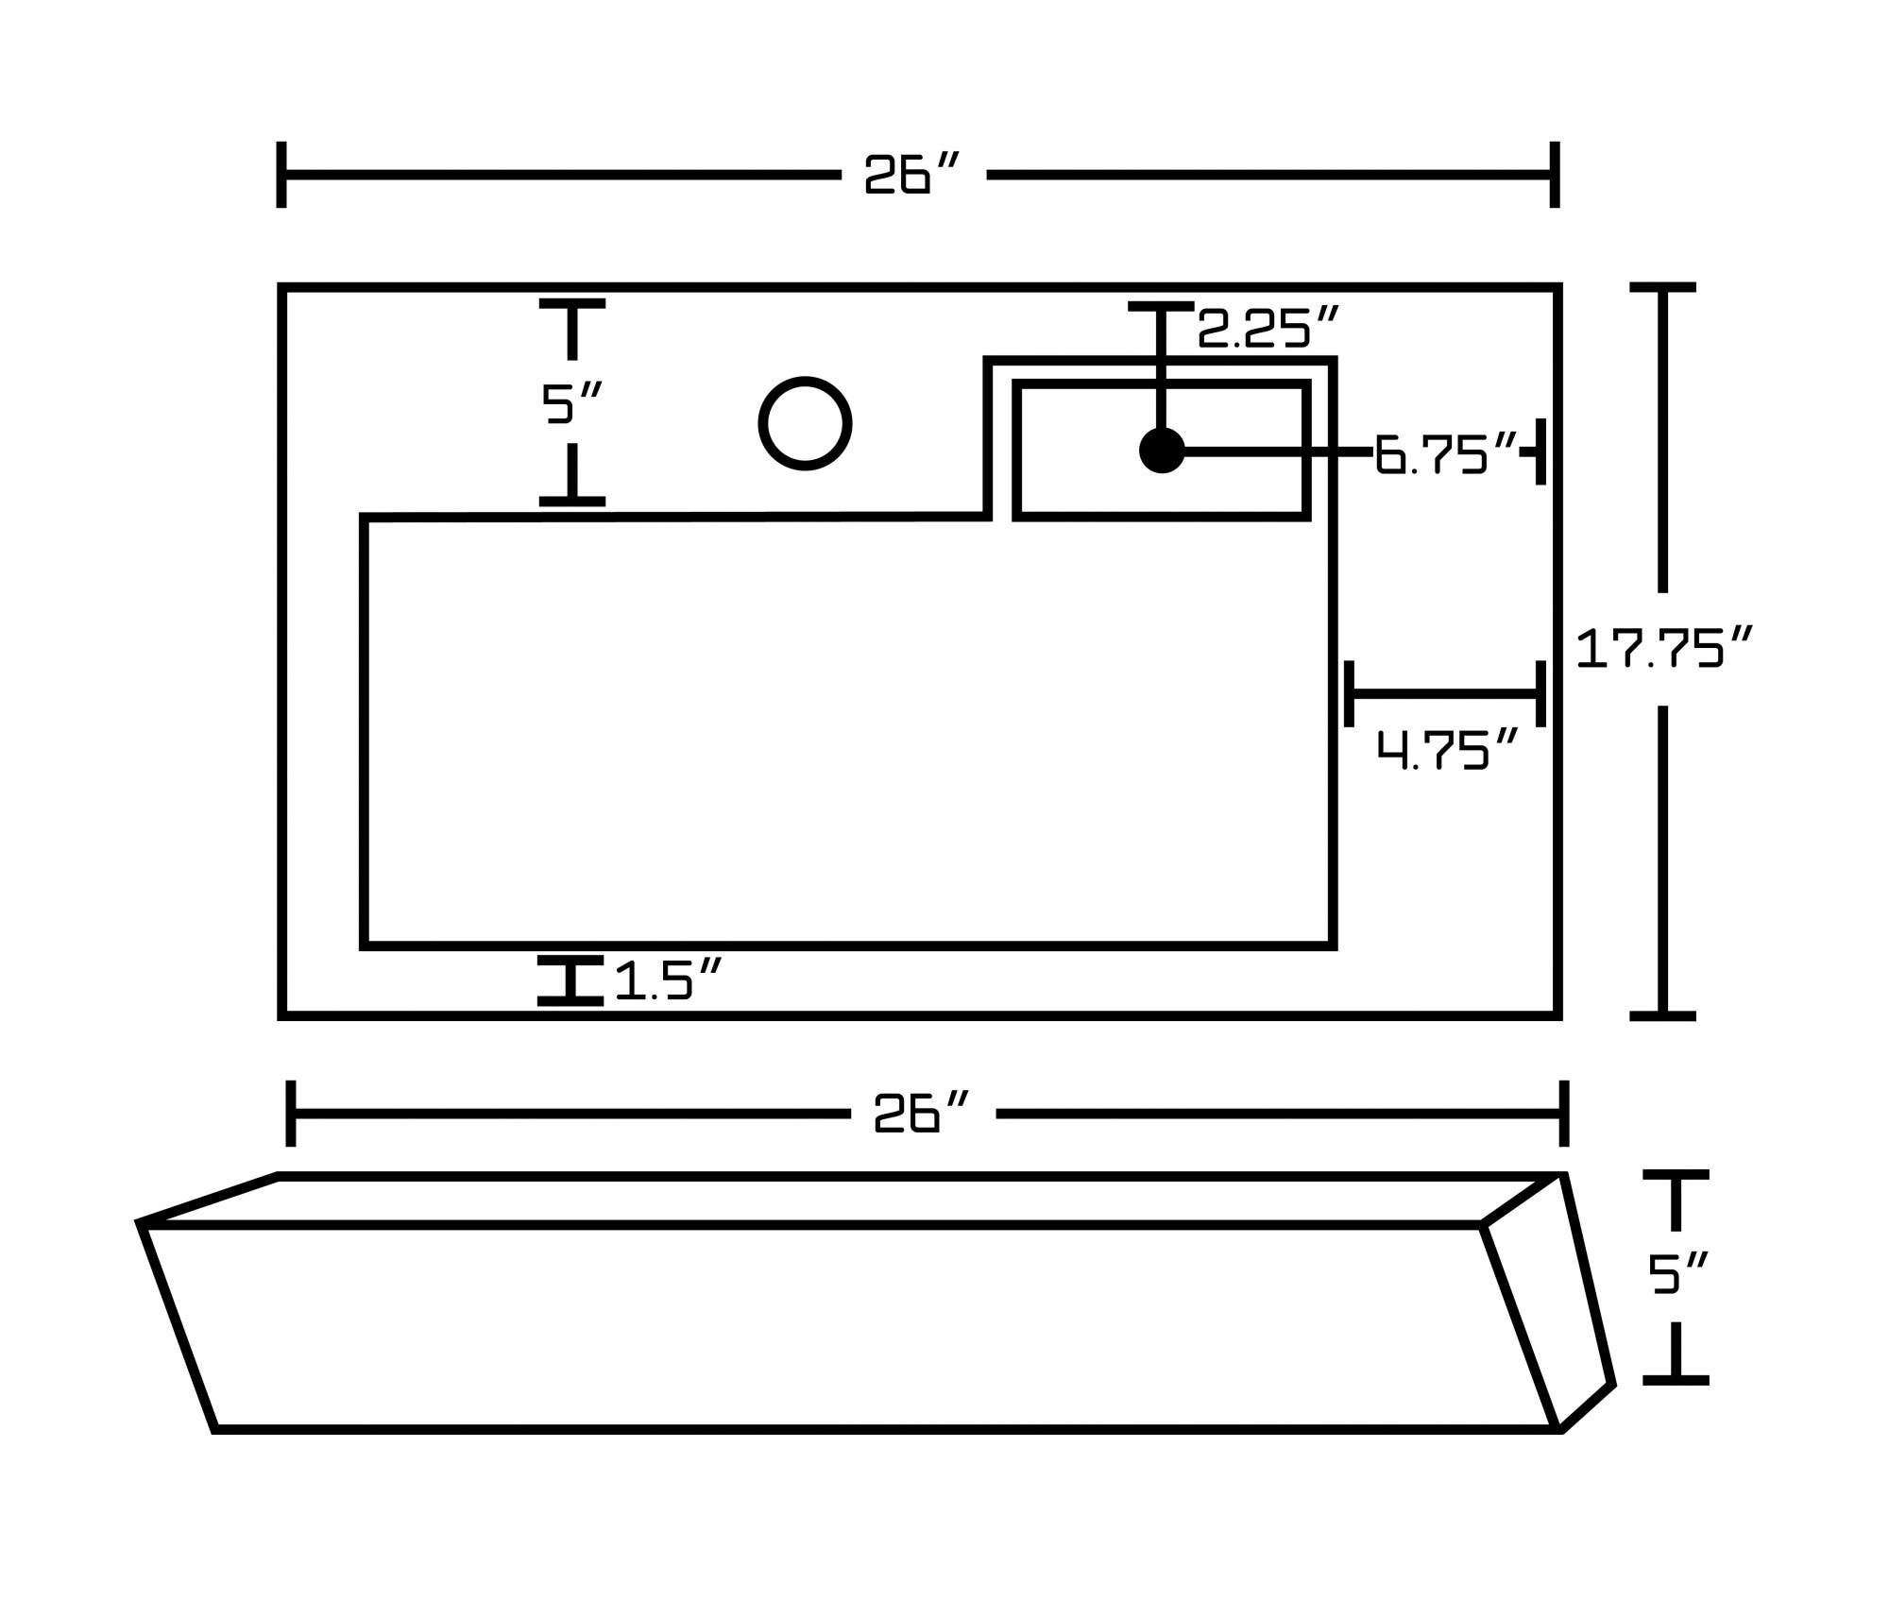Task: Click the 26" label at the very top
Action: [912, 176]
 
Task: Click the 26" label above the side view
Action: [922, 1115]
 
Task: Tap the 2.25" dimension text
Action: [1268, 328]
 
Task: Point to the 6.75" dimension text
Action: [1445, 454]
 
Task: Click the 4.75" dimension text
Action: [1446, 751]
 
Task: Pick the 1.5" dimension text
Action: [669, 980]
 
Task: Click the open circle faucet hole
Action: [805, 423]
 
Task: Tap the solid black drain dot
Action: [1162, 451]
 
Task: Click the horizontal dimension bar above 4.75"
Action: [1444, 694]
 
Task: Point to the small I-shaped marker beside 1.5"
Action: [570, 980]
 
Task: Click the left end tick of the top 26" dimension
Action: [281, 175]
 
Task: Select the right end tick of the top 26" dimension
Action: [1555, 175]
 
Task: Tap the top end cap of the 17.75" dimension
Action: [1662, 287]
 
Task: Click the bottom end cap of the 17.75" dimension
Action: [1662, 1016]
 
